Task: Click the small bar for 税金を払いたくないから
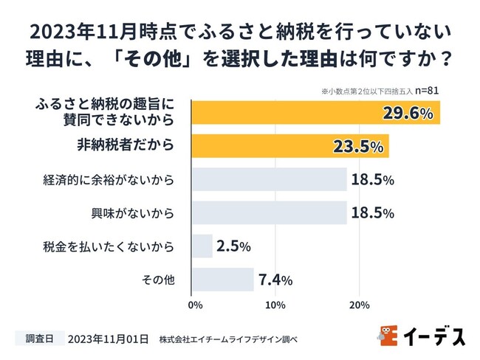click(x=202, y=246)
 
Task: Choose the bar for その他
click(x=222, y=280)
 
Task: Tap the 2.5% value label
click(x=233, y=246)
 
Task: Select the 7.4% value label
click(x=275, y=280)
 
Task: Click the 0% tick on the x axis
click(x=196, y=305)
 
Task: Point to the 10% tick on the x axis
click(x=275, y=305)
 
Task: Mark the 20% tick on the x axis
click(x=359, y=305)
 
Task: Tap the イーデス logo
click(x=423, y=336)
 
